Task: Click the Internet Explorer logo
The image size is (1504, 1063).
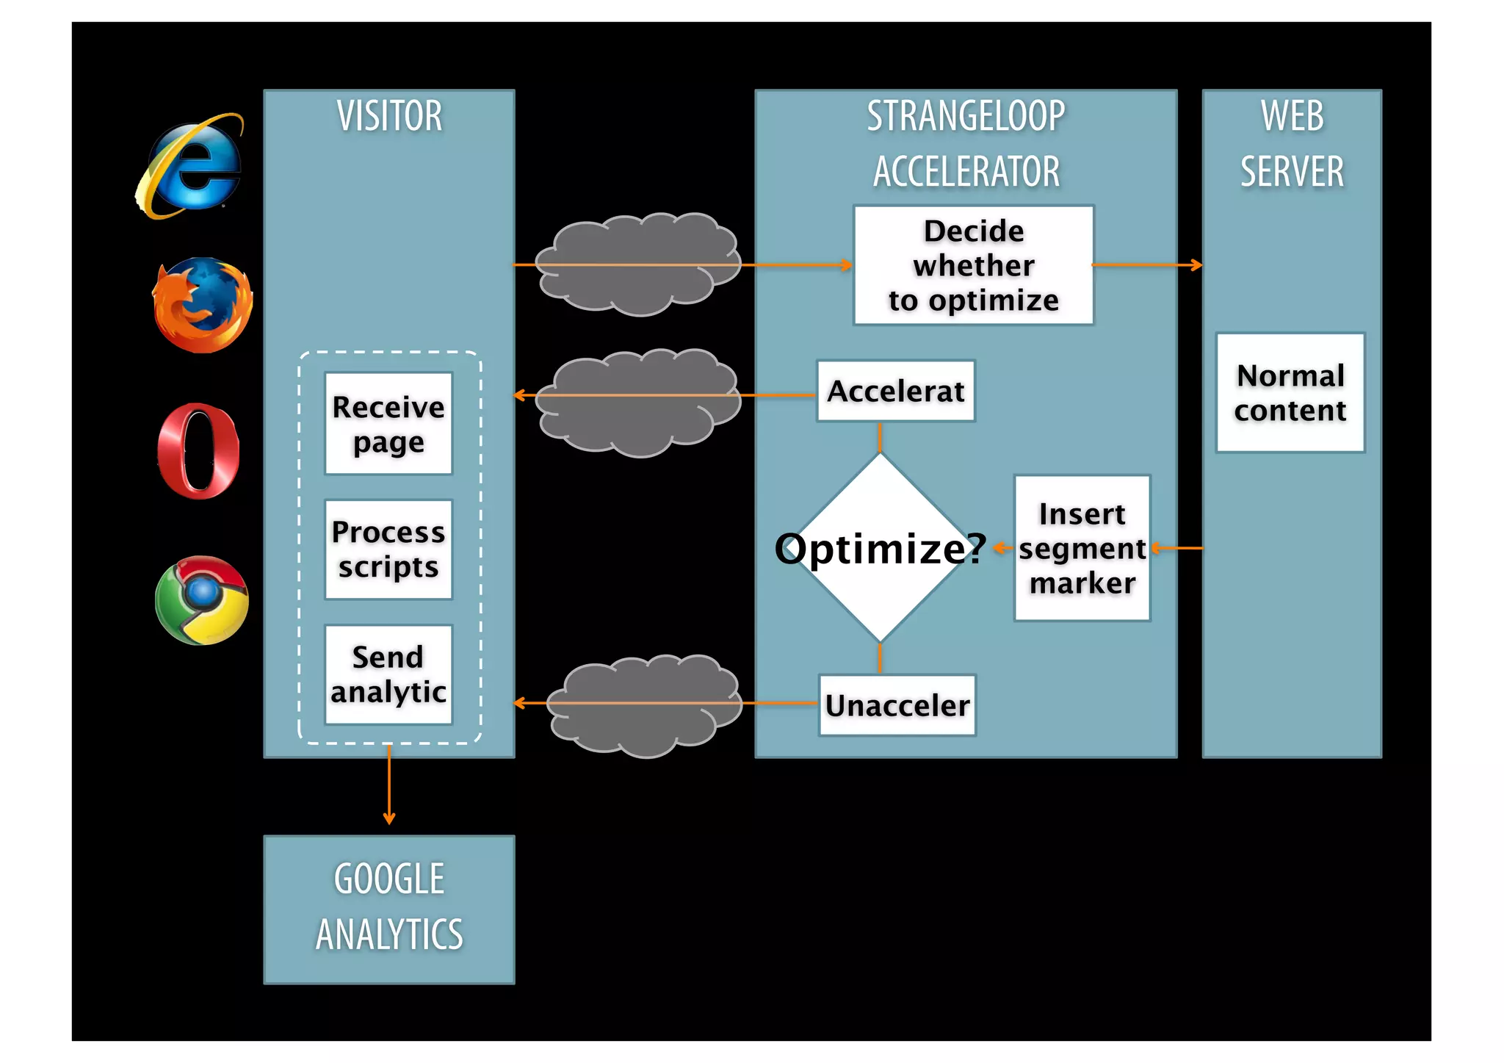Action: (x=190, y=165)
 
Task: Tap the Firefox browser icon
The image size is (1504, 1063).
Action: (x=202, y=304)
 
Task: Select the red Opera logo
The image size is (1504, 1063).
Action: (x=198, y=451)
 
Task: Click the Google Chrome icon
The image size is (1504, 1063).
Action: (x=202, y=600)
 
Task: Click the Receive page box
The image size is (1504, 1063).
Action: (x=388, y=424)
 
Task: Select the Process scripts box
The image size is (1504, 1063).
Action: (x=388, y=549)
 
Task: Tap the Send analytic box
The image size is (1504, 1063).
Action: (x=388, y=674)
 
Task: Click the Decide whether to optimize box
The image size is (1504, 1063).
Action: (x=973, y=265)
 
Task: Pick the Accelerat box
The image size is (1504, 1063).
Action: (x=895, y=391)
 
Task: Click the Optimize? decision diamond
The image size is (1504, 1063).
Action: (x=880, y=548)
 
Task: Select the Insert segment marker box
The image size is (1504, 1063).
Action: (x=1082, y=548)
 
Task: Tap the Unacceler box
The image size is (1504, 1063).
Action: (x=897, y=705)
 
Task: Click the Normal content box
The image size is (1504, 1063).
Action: (x=1290, y=393)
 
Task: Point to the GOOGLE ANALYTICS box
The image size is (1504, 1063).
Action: (x=389, y=909)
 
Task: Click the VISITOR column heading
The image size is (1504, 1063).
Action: (x=389, y=116)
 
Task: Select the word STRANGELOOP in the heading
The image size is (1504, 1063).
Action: (x=966, y=116)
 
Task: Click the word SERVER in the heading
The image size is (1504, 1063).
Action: (x=1292, y=172)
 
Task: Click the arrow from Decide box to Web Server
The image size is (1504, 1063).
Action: (x=1147, y=265)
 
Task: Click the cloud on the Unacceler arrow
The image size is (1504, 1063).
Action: (x=643, y=705)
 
